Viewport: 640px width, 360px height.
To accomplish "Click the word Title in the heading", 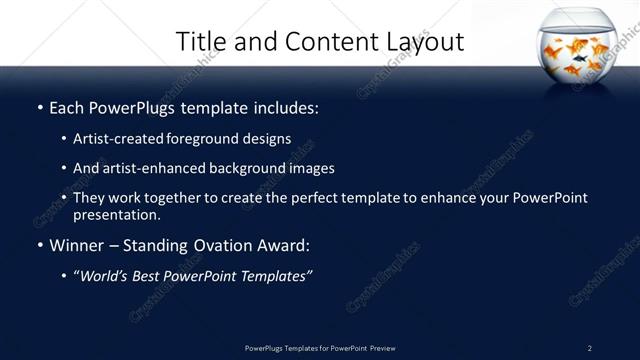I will (x=201, y=42).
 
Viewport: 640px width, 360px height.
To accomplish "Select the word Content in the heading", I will (x=326, y=42).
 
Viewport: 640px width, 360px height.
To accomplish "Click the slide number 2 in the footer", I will (x=589, y=348).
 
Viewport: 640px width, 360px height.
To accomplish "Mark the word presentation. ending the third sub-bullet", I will (x=116, y=214).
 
